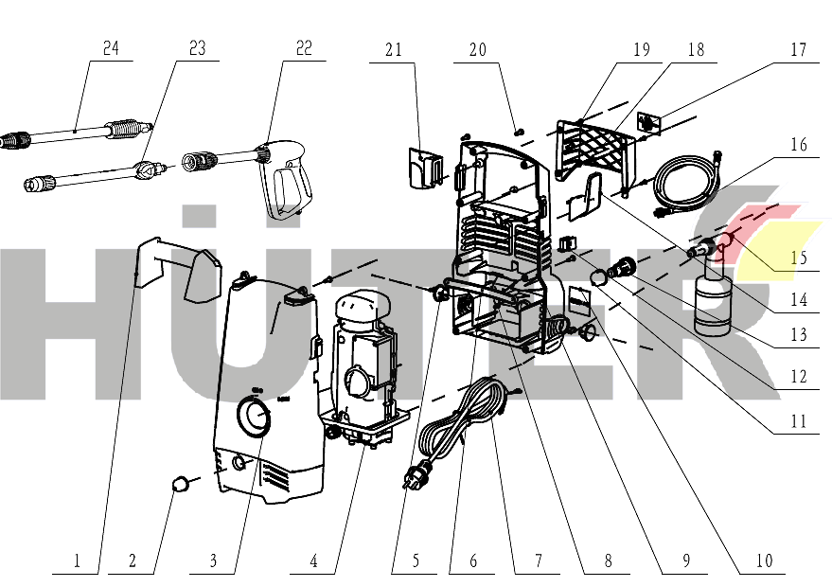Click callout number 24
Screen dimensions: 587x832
(111, 48)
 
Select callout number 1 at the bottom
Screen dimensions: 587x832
(79, 561)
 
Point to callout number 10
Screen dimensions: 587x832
(764, 561)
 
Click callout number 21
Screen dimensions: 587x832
(394, 48)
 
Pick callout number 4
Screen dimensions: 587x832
(314, 561)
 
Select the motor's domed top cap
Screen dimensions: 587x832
(365, 309)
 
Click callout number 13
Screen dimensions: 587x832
(799, 334)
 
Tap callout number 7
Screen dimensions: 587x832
(538, 561)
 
